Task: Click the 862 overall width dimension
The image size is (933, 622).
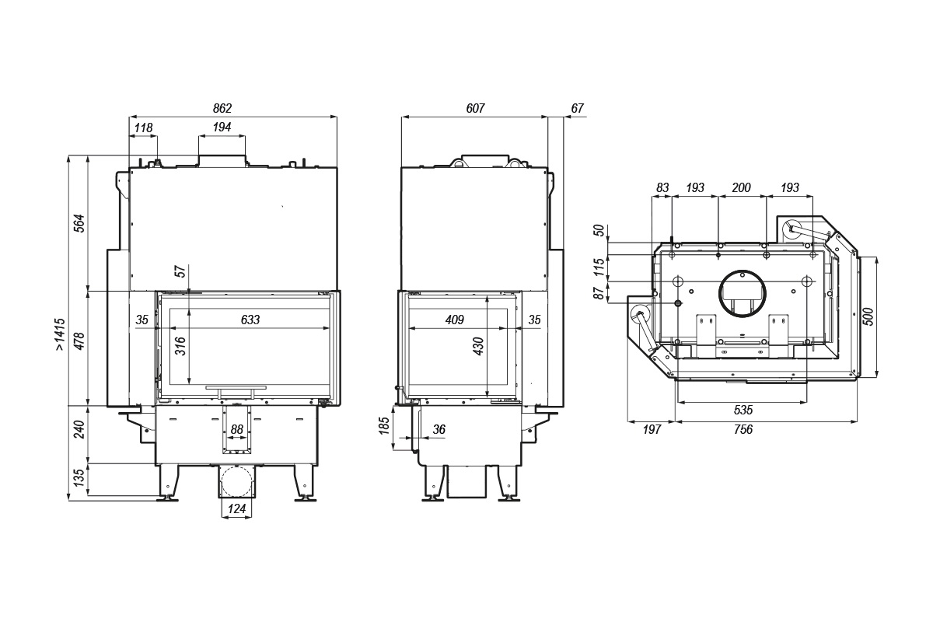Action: coord(222,109)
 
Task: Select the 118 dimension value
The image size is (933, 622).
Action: coord(143,128)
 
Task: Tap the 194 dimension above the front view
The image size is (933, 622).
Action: coord(222,128)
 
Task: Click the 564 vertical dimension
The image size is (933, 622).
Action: coord(79,224)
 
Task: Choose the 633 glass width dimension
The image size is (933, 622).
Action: coord(250,320)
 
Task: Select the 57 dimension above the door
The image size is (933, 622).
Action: coord(180,272)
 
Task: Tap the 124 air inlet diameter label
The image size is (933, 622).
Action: coord(237,509)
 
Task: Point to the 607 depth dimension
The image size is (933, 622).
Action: coord(475,109)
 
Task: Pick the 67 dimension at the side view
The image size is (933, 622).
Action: coord(576,109)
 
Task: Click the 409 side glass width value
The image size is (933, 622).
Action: coord(455,320)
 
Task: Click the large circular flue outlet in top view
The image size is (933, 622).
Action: coord(742,294)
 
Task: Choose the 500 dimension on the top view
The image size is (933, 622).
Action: coord(868,316)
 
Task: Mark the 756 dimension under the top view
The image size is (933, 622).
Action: coord(743,429)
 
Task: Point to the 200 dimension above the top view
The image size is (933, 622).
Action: coord(742,188)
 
